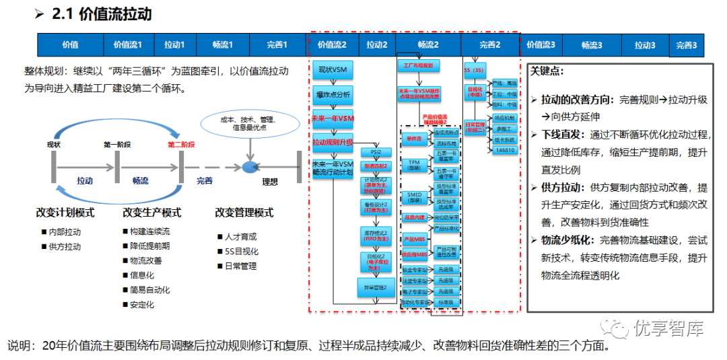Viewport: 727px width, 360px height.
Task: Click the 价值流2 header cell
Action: pyautogui.click(x=333, y=45)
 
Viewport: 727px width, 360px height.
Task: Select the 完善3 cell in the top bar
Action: pyautogui.click(x=687, y=46)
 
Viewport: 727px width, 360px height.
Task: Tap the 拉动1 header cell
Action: pyautogui.click(x=174, y=45)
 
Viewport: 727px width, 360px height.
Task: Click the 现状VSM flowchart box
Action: pyautogui.click(x=332, y=69)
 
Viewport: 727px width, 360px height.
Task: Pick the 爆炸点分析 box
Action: pyautogui.click(x=332, y=94)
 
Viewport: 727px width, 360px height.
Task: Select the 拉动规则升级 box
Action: pyautogui.click(x=332, y=143)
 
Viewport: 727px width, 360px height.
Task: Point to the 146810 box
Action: pyautogui.click(x=505, y=150)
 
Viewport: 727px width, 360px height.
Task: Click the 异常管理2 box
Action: pyautogui.click(x=376, y=287)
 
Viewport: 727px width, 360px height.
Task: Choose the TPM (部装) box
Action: pyautogui.click(x=415, y=166)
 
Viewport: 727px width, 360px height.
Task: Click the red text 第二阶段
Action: pyautogui.click(x=181, y=144)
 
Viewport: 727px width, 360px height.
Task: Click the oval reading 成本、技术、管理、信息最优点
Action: pyautogui.click(x=248, y=123)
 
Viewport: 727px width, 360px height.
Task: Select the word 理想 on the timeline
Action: pyautogui.click(x=269, y=182)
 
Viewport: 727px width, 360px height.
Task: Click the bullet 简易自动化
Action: pyautogui.click(x=150, y=290)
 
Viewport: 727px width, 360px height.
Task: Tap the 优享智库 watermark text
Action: pyautogui.click(x=668, y=328)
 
